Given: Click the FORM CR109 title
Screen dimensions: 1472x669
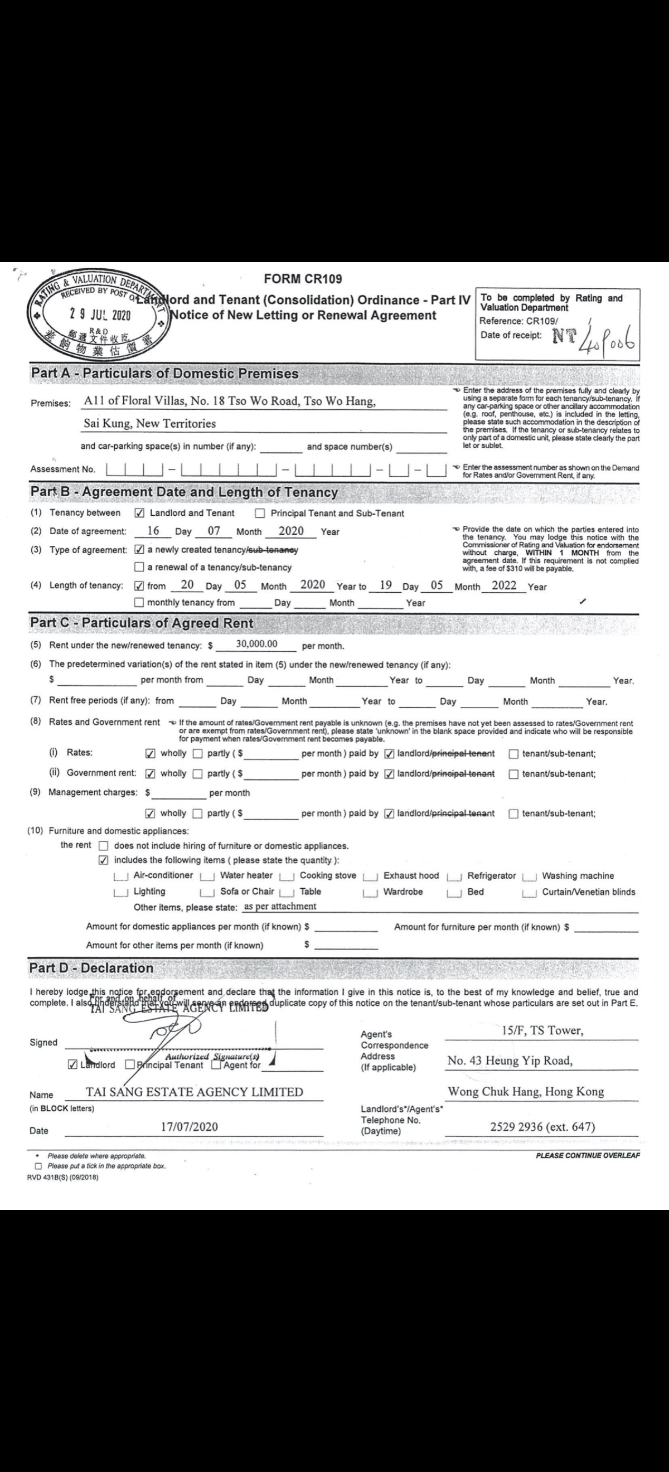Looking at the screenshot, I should click(x=303, y=279).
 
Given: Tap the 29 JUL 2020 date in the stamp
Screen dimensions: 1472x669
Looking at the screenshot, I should click(x=100, y=314).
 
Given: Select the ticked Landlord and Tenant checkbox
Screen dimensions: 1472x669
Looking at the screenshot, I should click(x=139, y=513).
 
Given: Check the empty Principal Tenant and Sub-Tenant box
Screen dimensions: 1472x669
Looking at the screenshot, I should click(x=260, y=513).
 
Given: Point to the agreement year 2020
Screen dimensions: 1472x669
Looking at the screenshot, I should click(x=291, y=531).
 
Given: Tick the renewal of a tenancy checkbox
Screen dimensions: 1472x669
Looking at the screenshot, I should click(x=139, y=568).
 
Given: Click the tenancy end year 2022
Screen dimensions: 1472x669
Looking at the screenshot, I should click(x=503, y=585).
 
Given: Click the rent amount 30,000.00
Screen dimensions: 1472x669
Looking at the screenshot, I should click(x=256, y=644).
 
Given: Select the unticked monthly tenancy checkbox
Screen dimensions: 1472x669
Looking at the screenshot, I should click(x=139, y=602).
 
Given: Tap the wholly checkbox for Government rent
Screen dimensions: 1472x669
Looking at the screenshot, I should click(x=151, y=774).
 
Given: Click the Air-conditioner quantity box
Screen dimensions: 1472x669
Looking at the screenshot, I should click(x=120, y=876).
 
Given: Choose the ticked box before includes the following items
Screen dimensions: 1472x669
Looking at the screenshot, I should click(x=103, y=860).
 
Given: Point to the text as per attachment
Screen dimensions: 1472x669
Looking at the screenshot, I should click(x=280, y=906).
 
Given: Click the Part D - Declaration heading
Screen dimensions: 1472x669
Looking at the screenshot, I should click(x=91, y=968).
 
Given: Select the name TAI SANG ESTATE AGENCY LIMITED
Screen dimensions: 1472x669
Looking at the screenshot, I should click(x=194, y=1092).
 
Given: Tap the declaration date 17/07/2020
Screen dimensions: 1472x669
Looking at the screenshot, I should click(x=189, y=1127).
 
